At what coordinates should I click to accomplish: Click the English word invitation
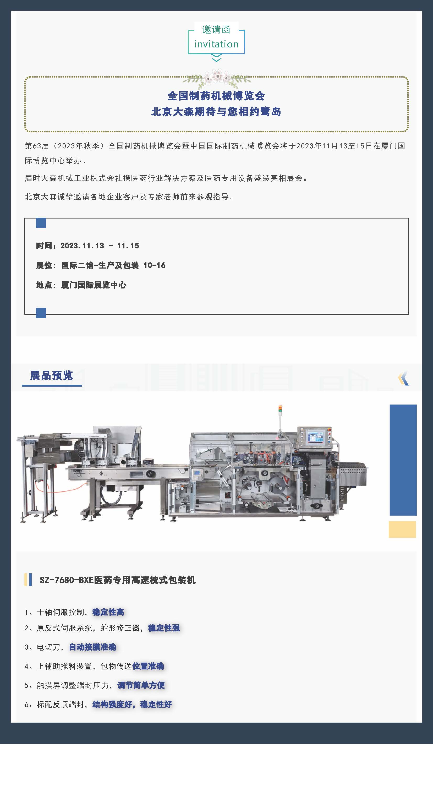click(x=216, y=44)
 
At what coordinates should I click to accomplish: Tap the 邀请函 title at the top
click(x=216, y=30)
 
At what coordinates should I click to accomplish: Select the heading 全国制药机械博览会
click(x=216, y=96)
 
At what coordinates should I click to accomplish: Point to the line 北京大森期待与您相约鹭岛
click(x=216, y=112)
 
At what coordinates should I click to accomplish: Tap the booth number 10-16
click(x=154, y=265)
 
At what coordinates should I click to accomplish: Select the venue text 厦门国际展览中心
click(x=94, y=285)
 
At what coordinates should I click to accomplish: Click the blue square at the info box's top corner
click(x=41, y=223)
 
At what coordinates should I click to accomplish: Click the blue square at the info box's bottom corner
click(x=41, y=313)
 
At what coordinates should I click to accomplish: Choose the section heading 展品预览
click(x=52, y=375)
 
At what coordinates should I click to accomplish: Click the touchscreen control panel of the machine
click(x=315, y=437)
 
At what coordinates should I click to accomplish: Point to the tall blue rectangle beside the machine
click(x=403, y=460)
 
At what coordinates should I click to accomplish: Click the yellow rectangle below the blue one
click(x=402, y=530)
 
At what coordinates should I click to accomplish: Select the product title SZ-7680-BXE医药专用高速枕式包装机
click(x=117, y=580)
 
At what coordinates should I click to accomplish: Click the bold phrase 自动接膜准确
click(x=92, y=647)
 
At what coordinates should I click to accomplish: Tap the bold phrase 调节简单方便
click(x=141, y=685)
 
